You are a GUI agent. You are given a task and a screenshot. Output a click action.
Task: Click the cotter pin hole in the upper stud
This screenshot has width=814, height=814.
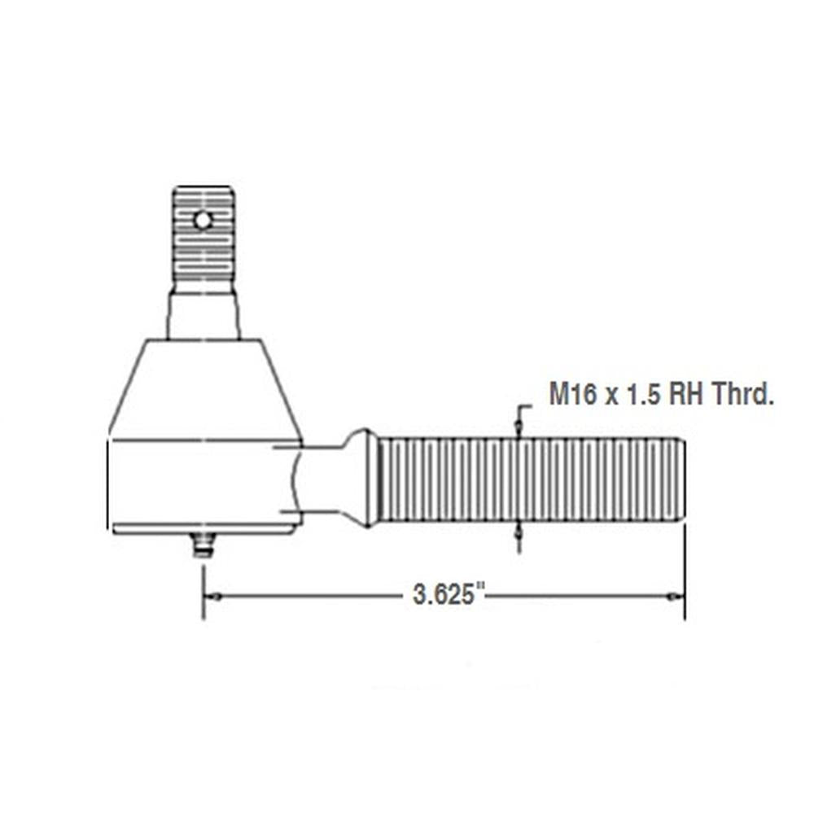click(x=203, y=219)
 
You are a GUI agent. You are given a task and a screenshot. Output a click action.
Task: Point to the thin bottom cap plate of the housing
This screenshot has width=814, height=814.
click(x=203, y=529)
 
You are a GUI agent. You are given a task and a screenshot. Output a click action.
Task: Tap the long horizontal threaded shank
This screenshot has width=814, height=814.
click(x=529, y=480)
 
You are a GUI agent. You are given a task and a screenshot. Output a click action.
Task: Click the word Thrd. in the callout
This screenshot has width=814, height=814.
click(x=742, y=396)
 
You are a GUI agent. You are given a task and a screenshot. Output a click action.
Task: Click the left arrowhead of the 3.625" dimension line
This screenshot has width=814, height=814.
click(x=211, y=597)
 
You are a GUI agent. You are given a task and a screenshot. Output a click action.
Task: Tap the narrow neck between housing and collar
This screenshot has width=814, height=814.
click(x=322, y=480)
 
